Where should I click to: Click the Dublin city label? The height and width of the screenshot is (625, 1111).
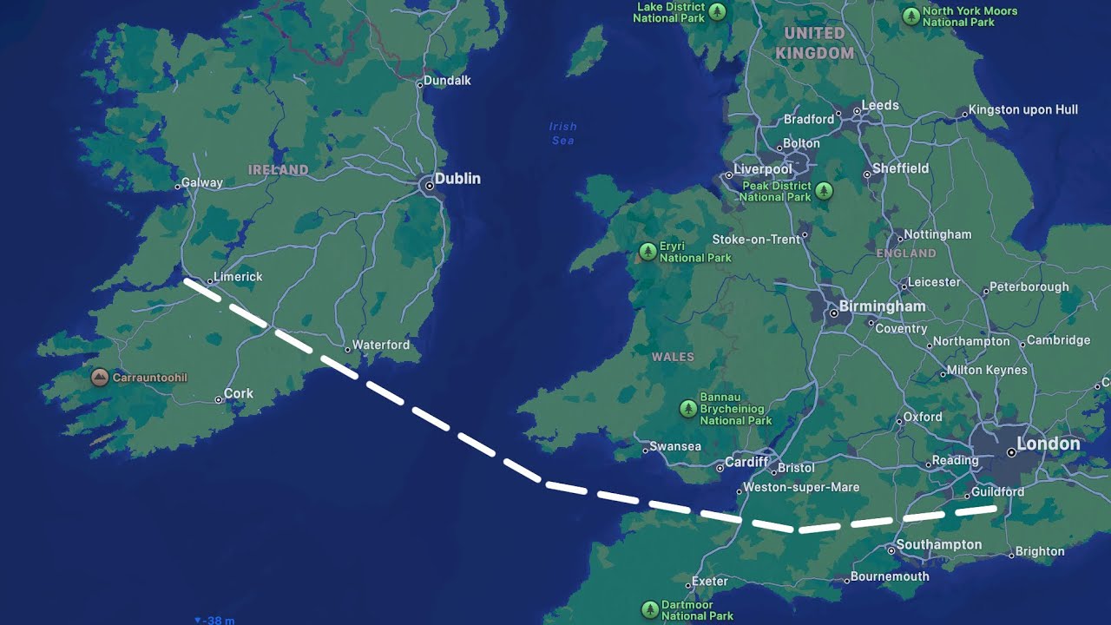[x=457, y=178]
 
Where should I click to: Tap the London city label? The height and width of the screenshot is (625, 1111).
[x=1049, y=444]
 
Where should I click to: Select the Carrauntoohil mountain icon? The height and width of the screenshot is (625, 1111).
[x=100, y=378]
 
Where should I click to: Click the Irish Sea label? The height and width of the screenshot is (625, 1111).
[x=562, y=133]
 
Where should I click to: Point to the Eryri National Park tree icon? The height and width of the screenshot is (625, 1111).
[x=648, y=252]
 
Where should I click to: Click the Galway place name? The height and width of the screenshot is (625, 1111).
[x=202, y=182]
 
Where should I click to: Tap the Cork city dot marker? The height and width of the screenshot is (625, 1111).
[x=219, y=400]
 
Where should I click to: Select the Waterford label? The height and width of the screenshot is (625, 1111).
[x=381, y=345]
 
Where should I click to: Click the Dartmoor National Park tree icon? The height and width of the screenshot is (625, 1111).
[x=649, y=609]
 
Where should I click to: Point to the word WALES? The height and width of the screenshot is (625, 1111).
[x=673, y=357]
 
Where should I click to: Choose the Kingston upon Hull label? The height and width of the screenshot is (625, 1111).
[x=1023, y=109]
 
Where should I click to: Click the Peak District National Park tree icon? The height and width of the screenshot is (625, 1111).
[x=824, y=190]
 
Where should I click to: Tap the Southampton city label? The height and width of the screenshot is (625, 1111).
[x=939, y=544]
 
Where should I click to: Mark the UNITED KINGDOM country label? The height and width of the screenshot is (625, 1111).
[x=814, y=43]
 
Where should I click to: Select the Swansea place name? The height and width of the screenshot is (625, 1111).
[x=675, y=446]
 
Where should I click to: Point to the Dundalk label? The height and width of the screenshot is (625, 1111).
[x=448, y=80]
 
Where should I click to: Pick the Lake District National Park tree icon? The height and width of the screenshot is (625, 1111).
[x=717, y=11]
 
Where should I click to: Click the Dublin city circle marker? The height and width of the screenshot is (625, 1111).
[x=427, y=184]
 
